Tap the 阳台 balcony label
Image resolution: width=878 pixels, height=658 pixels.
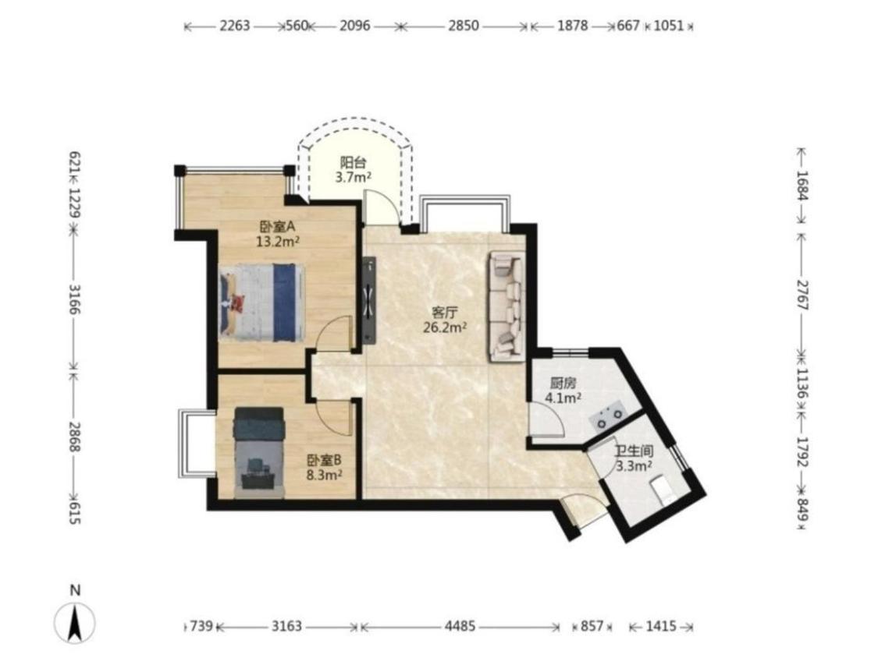354,163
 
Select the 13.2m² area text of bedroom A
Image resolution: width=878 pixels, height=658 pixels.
277,242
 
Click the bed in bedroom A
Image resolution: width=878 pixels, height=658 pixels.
262,302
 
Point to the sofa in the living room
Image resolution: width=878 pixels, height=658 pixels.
507,306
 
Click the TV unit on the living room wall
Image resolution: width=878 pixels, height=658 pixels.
368,300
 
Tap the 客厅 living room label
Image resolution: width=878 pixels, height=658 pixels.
445,312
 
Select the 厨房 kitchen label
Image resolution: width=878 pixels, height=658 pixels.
563,384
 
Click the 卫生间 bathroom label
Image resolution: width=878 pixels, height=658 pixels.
634,451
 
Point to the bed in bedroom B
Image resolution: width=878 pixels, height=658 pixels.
259,453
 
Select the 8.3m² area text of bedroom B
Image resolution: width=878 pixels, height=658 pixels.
325,475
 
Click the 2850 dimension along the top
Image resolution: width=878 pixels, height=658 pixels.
464,26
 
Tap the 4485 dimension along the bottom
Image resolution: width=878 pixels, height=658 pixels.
460,626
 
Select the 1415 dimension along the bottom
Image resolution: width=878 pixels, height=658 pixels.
661,626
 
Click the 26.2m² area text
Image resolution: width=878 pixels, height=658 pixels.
445,327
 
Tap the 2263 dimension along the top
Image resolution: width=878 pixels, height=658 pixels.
235,26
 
